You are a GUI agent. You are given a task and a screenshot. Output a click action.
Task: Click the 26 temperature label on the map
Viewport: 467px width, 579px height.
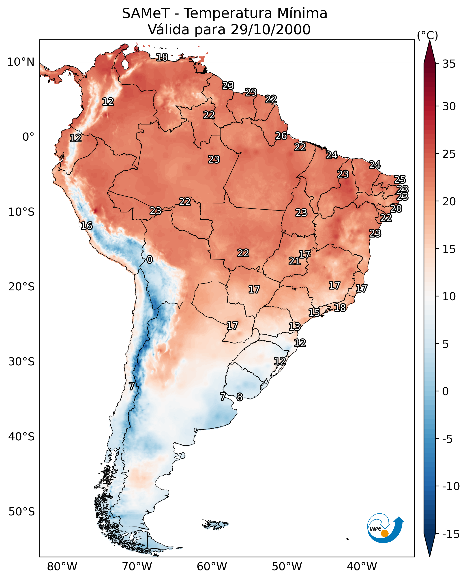281,136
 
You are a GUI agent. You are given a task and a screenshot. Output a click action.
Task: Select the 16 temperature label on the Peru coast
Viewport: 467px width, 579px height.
87,225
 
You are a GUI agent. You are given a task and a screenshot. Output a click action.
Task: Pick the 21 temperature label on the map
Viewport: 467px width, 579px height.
294,261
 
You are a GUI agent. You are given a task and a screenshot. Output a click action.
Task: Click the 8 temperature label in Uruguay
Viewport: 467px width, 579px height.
239,397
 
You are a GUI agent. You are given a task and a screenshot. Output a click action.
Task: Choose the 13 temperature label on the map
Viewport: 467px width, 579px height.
294,327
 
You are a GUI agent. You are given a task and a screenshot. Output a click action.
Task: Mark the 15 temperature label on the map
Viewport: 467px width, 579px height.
314,312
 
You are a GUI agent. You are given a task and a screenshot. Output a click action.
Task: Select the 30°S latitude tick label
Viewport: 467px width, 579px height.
21,362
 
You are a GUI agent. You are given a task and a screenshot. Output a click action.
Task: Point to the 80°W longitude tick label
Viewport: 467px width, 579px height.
62,566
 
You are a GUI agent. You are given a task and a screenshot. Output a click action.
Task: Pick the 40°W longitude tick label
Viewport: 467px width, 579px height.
362,566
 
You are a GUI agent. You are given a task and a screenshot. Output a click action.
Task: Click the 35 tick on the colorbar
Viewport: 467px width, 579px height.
449,64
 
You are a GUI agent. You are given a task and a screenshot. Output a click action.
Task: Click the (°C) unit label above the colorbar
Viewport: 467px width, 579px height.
427,35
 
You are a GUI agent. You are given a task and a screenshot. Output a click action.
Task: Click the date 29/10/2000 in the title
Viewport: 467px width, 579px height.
270,29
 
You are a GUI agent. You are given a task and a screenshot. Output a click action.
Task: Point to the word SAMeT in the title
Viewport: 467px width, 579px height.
146,13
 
